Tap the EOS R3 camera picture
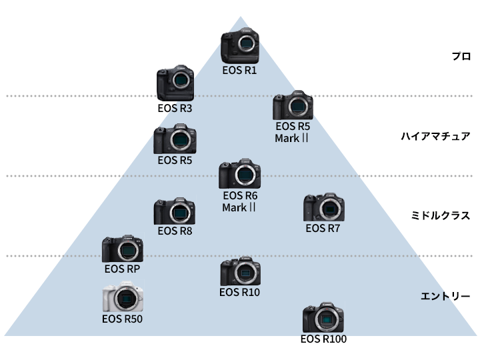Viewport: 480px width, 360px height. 175,84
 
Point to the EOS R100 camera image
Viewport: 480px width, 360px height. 323,319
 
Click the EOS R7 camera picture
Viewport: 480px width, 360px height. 323,208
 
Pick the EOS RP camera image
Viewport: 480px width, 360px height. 122,249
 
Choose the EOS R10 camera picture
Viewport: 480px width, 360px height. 240,271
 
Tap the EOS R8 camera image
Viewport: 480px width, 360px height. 175,211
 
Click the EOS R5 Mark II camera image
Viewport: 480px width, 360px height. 292,105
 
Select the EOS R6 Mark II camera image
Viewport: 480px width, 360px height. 240,175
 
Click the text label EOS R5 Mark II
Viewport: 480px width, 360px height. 292,132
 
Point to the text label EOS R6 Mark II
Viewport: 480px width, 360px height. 240,201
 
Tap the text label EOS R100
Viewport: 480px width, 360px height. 323,339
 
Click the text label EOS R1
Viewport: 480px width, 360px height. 240,69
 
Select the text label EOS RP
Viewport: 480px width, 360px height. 122,269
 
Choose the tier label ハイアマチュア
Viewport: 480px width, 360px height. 435,137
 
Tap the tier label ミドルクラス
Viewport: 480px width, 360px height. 441,216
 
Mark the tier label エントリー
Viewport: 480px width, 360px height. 446,296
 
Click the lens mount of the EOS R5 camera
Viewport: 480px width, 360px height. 179,140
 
